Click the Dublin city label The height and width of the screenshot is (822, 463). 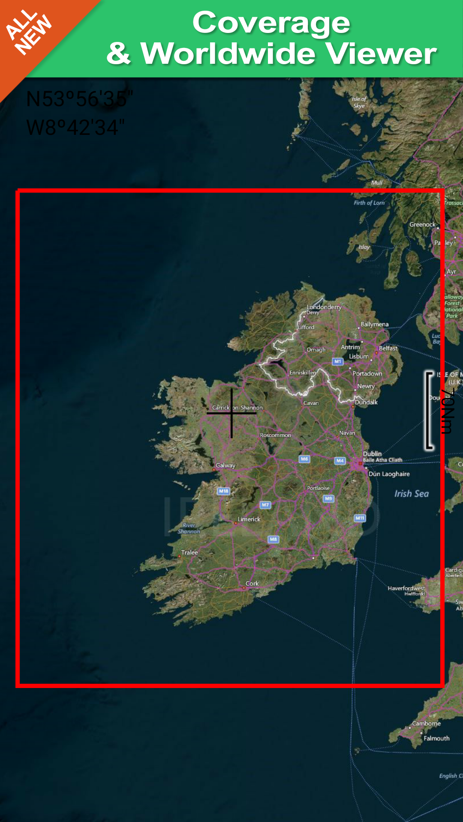click(372, 453)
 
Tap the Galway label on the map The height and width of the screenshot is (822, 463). click(225, 465)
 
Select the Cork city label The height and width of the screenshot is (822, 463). click(252, 583)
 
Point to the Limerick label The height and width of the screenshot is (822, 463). click(249, 519)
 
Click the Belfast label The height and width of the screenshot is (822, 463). click(388, 348)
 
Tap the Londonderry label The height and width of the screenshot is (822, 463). click(324, 307)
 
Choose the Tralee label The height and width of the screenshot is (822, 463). click(189, 552)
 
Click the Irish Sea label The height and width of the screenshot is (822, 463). click(411, 494)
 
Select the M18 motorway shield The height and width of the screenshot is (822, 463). click(224, 491)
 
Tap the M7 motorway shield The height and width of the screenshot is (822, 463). click(265, 505)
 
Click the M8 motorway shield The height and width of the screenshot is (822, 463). click(274, 539)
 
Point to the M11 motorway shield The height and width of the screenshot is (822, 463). click(360, 518)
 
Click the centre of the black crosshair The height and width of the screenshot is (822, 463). click(231, 413)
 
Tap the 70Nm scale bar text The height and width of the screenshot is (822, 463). click(447, 411)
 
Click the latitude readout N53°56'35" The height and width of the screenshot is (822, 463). click(80, 99)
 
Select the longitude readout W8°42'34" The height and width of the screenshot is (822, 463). click(75, 128)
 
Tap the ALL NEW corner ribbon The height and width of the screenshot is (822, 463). click(28, 32)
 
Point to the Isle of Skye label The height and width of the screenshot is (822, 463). click(359, 102)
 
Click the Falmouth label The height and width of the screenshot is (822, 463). click(436, 738)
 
